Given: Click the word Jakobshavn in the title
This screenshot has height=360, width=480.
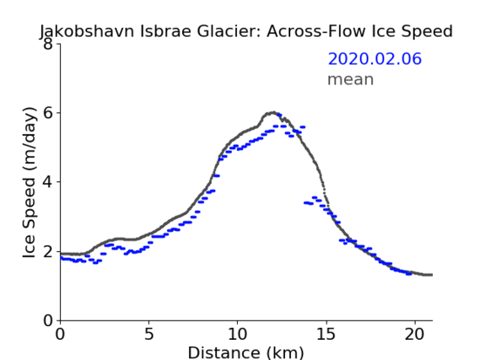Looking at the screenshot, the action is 87,32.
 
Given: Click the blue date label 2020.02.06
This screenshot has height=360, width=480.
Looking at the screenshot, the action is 375,59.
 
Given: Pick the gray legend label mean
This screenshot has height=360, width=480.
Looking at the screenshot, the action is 351,79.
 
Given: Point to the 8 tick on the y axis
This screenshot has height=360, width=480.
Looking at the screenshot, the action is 48,44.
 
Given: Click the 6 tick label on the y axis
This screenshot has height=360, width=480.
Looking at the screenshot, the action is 48,113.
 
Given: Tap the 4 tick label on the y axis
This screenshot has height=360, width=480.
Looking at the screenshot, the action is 48,182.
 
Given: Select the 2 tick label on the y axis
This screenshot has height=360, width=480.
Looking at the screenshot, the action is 48,251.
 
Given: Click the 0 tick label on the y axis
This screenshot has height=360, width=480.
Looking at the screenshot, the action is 48,320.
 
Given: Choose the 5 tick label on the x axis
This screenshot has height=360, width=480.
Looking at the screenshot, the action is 148,334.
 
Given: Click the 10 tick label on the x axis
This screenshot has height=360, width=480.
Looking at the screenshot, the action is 237,334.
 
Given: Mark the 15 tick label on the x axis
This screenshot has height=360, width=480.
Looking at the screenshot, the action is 326,334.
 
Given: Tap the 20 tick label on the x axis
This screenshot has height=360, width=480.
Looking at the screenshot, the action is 414,334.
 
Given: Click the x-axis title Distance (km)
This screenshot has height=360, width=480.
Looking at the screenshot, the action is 245,352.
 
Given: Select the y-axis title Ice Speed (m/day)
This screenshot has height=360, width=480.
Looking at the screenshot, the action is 30,183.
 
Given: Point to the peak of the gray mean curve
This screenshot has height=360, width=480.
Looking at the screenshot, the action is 272,113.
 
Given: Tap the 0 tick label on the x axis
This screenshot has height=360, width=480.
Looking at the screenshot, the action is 60,334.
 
